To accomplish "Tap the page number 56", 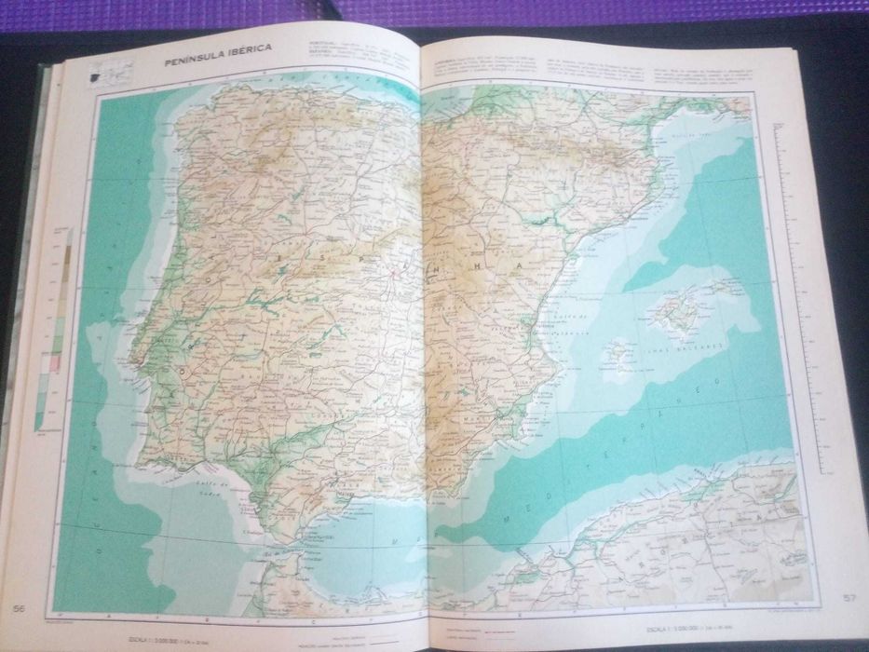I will coord(19,608).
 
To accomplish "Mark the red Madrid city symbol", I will coord(394,274).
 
